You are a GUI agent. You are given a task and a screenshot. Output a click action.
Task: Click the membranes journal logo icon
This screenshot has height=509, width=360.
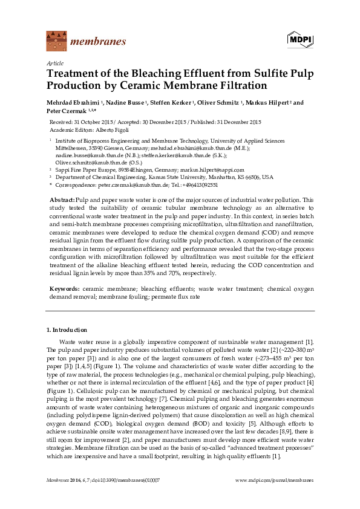click(x=56, y=41)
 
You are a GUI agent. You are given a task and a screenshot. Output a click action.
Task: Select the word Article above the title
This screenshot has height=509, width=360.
click(x=54, y=63)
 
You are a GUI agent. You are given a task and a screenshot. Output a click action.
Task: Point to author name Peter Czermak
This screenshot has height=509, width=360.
click(x=70, y=111)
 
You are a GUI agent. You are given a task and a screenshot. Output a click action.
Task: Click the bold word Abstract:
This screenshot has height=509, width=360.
click(x=62, y=199)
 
